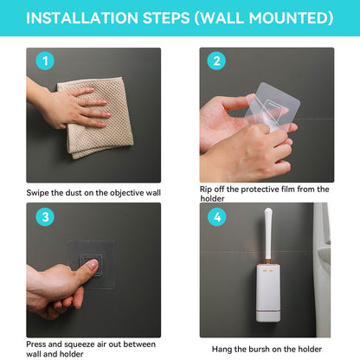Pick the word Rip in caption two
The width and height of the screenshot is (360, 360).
[x=207, y=189]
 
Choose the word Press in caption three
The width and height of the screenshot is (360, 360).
[x=40, y=344]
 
